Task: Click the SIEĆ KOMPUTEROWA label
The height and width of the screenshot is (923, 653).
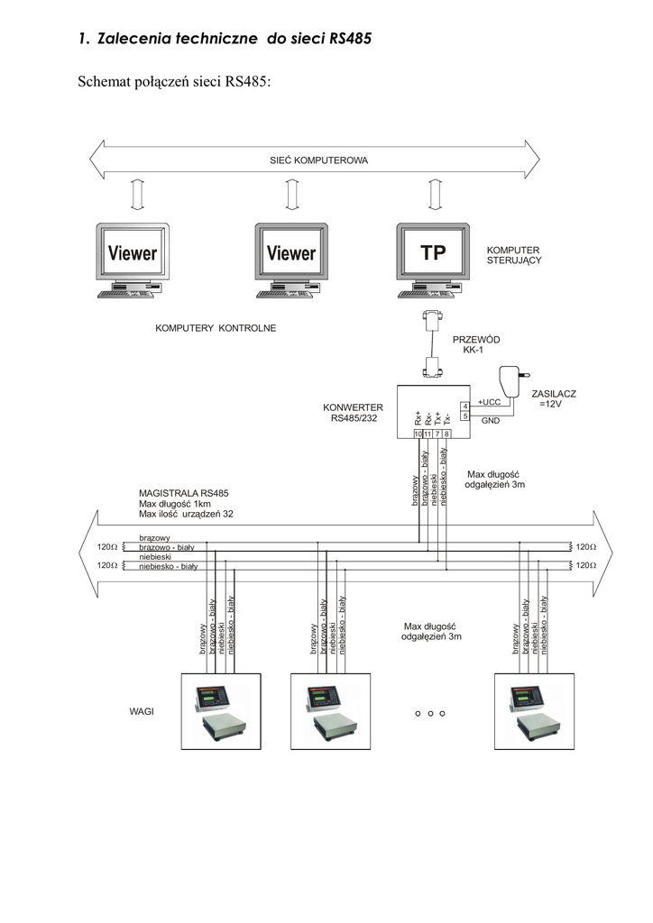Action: (x=318, y=160)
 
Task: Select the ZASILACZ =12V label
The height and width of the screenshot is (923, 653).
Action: (x=553, y=398)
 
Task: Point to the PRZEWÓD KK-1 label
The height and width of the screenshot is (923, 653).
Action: (x=475, y=344)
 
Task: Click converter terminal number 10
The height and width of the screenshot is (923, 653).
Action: (x=418, y=434)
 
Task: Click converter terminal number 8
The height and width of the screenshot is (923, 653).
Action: (x=447, y=434)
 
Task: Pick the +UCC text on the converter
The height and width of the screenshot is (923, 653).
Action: (x=489, y=403)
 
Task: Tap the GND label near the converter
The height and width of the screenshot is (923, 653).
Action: (x=490, y=421)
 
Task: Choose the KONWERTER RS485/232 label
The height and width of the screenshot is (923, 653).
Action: (x=353, y=412)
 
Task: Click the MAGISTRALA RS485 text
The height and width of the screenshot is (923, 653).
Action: (x=183, y=493)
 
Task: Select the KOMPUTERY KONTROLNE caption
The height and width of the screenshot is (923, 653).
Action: (x=216, y=328)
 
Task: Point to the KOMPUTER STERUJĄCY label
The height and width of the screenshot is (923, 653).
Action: (x=513, y=255)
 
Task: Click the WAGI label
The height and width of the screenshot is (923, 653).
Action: (x=142, y=711)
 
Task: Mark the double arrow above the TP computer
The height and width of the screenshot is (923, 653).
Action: (x=435, y=193)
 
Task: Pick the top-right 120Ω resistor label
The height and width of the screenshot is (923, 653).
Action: (x=587, y=546)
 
